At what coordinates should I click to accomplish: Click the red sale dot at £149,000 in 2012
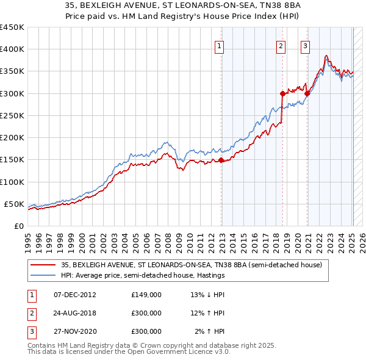pyautogui.click(x=221, y=160)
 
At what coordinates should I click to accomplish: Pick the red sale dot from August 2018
pyautogui.click(x=283, y=93)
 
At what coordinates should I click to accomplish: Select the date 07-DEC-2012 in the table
pyautogui.click(x=75, y=295)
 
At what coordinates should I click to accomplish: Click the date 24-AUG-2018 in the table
pyautogui.click(x=75, y=313)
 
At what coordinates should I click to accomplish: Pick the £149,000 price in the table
pyautogui.click(x=146, y=295)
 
